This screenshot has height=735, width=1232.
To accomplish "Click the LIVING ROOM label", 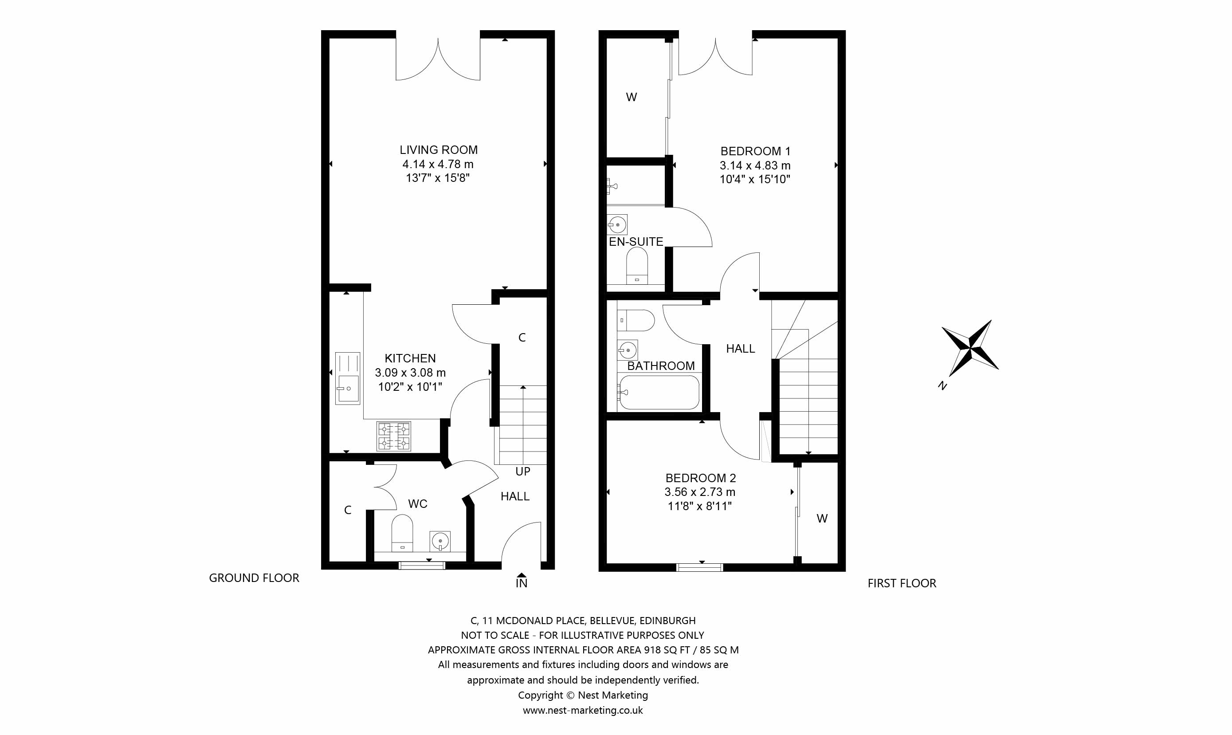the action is [439, 149].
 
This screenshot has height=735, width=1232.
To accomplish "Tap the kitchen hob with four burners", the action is [394, 436].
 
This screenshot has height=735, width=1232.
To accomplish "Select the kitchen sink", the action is [348, 378].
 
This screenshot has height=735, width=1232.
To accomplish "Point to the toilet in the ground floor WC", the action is [402, 533].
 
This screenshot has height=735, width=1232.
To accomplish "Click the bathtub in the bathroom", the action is [659, 392].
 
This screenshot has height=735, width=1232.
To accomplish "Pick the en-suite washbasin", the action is [617, 224].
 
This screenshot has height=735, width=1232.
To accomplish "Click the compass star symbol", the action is [970, 348].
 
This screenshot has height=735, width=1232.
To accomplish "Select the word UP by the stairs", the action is [523, 472].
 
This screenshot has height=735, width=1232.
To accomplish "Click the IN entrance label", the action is [522, 583].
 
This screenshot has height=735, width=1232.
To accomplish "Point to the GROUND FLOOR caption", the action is [254, 578].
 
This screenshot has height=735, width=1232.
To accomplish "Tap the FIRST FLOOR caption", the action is [902, 583].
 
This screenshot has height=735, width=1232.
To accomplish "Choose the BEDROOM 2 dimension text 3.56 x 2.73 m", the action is [700, 492].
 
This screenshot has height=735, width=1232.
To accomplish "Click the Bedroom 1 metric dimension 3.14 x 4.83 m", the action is [755, 165].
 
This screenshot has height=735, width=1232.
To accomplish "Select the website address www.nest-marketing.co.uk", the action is [583, 710].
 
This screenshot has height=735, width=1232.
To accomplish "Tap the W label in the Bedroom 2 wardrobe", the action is [822, 519].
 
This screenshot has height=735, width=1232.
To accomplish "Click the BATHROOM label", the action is [661, 366].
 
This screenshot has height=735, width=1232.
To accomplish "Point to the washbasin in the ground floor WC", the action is [440, 541].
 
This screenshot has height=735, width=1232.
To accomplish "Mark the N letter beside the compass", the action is [942, 385].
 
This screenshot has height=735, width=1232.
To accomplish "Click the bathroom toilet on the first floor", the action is [636, 320].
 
